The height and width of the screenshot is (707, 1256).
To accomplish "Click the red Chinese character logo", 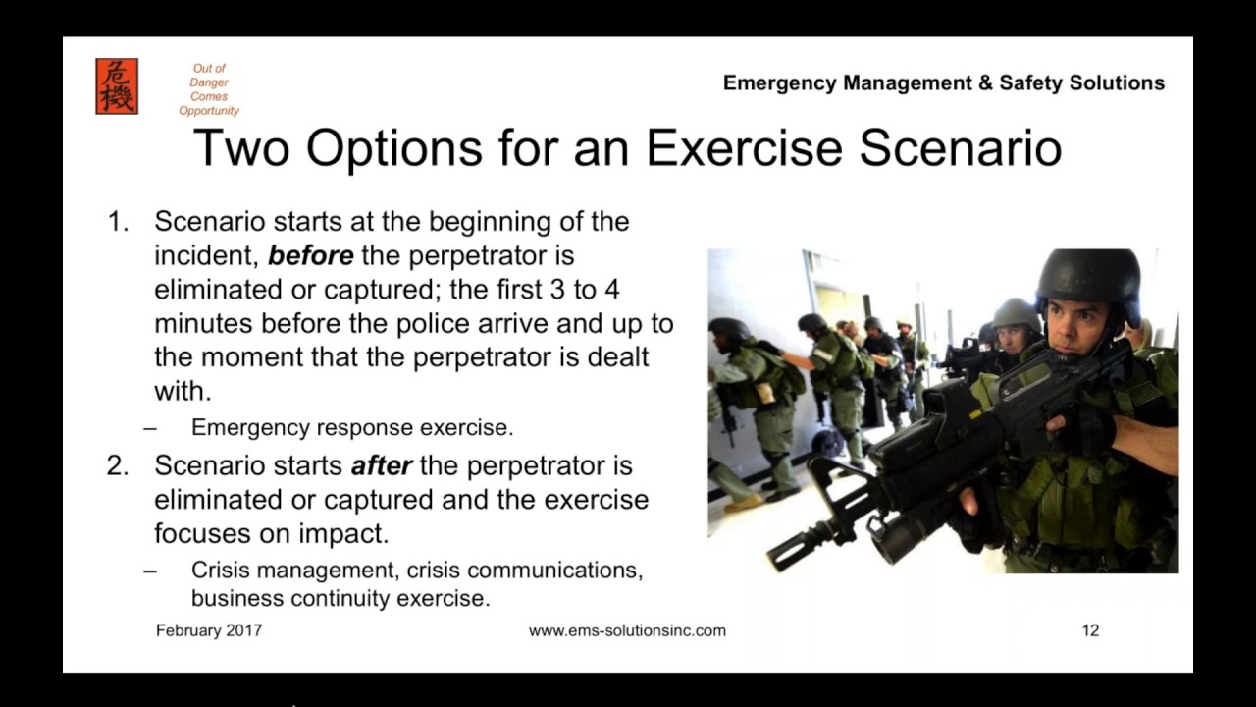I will [117, 86].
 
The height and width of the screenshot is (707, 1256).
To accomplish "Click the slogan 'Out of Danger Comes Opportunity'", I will [209, 89].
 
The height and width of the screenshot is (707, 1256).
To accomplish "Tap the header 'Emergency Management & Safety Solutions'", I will [943, 83].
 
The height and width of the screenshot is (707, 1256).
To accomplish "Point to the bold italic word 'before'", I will [310, 255].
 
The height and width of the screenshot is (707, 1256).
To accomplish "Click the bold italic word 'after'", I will [381, 464].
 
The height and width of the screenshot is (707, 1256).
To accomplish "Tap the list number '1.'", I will [119, 222].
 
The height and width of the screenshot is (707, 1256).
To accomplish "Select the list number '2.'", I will [118, 464].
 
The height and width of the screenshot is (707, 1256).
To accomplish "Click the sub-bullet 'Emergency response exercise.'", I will [352, 428].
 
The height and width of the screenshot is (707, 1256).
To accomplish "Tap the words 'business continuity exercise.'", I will [340, 598].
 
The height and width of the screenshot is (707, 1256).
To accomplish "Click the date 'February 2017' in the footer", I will [209, 630].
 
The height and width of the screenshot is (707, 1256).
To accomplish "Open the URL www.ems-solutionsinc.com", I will [627, 630].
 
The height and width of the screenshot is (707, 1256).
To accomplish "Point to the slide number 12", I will [1090, 630].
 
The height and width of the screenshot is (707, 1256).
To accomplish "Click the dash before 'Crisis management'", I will [149, 571].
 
